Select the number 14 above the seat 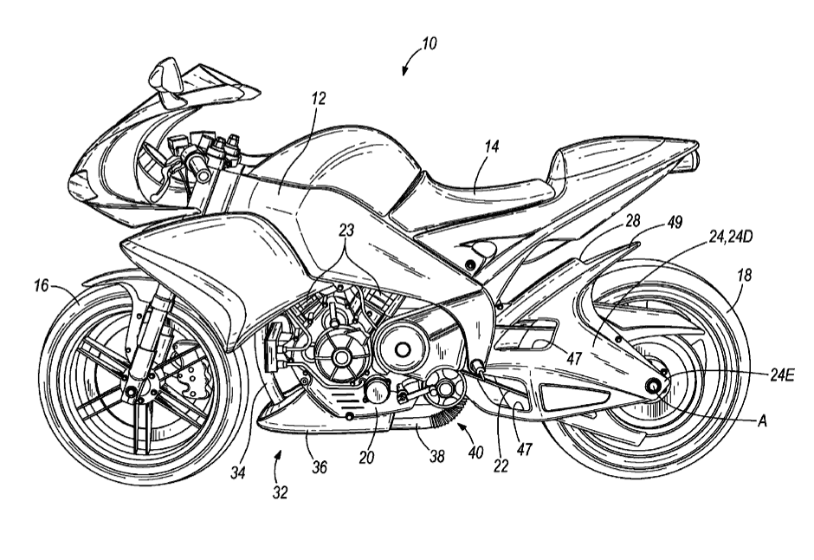pyautogui.click(x=491, y=148)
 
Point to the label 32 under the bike pyautogui.click(x=280, y=492)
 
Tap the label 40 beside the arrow pyautogui.click(x=471, y=451)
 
